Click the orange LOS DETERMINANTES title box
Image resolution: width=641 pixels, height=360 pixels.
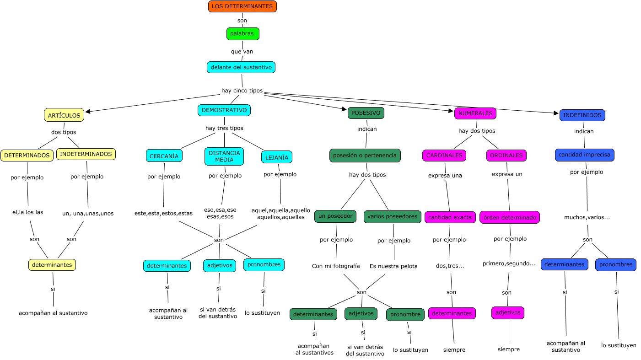coord(242,6)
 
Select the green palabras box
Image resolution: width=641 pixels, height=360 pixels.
coord(242,34)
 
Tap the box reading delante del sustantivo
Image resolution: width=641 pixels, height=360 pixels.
coord(241,67)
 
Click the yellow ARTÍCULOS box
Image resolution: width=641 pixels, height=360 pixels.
coord(64,115)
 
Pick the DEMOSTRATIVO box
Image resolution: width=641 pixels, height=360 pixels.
coord(224,110)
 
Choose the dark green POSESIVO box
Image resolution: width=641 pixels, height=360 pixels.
coord(366,113)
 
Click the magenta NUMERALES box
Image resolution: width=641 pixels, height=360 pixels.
coord(475,113)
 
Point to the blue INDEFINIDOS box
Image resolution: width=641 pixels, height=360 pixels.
coord(582,115)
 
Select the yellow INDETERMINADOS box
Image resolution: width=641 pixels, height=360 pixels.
coord(86,154)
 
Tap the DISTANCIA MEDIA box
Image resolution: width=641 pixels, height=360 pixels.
coord(224,156)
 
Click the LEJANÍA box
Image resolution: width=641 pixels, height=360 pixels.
coord(276,157)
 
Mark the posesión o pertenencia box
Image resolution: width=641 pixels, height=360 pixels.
coord(365,156)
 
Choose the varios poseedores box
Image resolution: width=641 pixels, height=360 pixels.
coord(392,216)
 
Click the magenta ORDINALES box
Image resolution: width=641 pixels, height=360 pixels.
coord(506,156)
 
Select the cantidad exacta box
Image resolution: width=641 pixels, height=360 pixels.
coord(450,217)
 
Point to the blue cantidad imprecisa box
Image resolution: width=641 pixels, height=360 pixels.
coord(584,155)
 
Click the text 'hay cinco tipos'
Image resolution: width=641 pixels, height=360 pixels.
coord(242,91)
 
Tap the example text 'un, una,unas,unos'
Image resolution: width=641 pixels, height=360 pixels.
coord(88,213)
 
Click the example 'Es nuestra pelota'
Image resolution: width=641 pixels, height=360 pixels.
coord(393,266)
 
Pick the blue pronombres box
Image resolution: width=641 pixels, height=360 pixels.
coord(615,264)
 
